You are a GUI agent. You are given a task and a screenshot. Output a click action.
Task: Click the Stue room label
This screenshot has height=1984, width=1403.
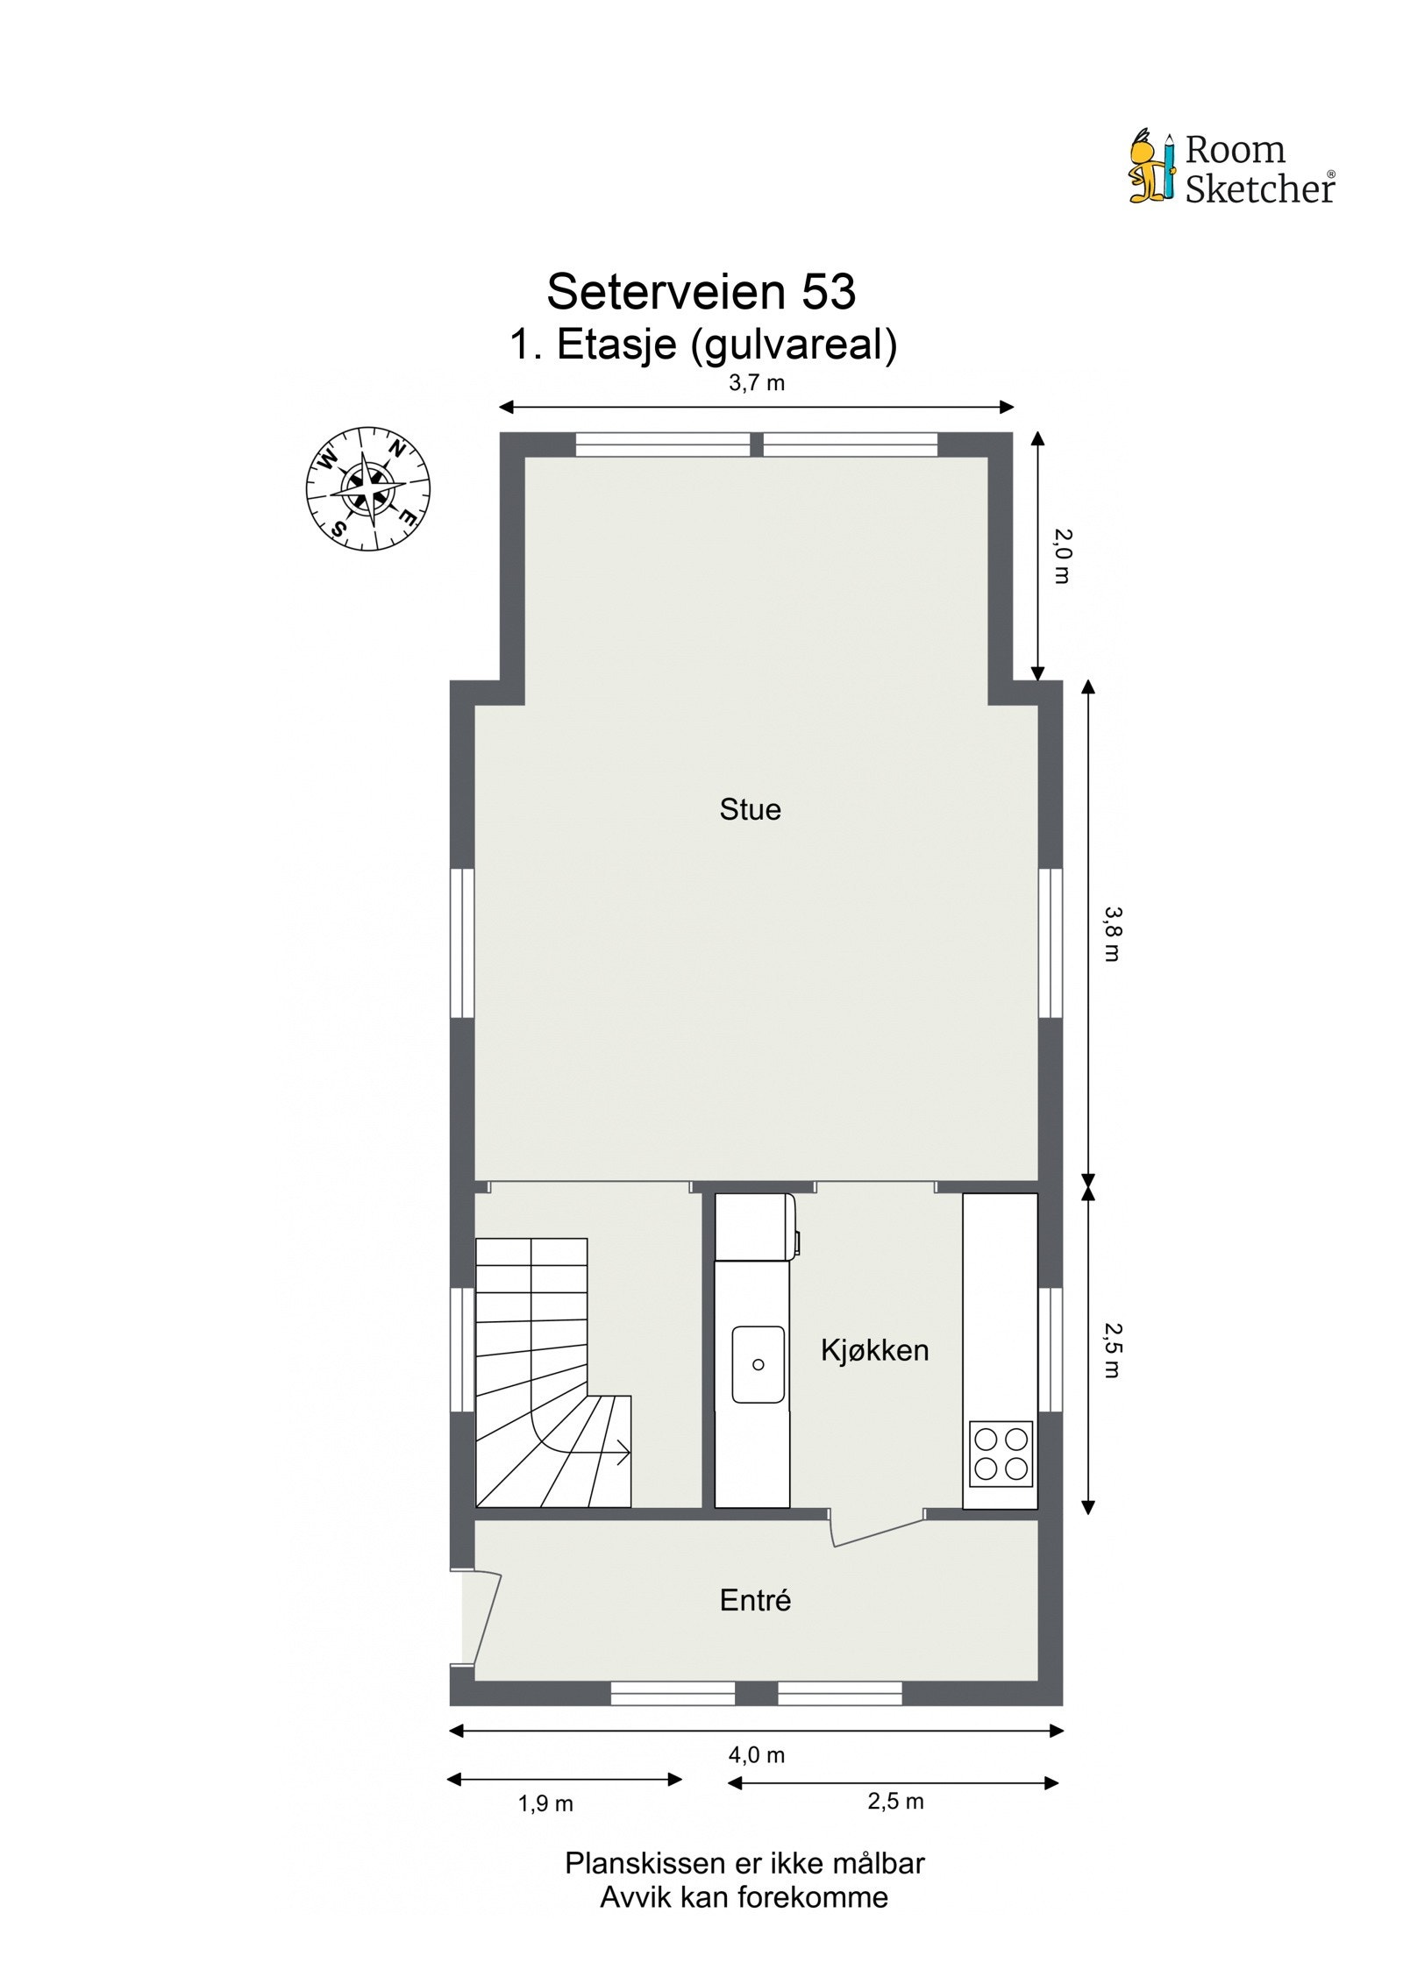(750, 809)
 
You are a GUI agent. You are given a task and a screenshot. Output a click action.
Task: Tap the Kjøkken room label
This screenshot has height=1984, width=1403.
(874, 1350)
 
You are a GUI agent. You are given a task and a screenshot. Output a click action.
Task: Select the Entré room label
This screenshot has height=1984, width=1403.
(755, 1600)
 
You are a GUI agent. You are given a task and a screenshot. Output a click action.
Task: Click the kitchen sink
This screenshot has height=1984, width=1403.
(758, 1363)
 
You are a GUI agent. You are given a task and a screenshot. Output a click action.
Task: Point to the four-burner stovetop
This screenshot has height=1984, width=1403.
(1001, 1454)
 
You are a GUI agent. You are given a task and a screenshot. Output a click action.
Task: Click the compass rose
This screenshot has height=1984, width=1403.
(367, 488)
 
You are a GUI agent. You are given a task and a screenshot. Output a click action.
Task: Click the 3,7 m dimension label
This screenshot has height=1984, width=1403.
(756, 383)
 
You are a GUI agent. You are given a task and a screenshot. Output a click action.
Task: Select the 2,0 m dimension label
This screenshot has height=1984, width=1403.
(1063, 556)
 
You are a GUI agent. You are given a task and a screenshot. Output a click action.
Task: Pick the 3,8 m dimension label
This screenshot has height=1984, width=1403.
(1112, 935)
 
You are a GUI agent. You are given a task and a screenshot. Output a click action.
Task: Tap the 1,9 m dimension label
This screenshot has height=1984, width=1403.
(545, 1803)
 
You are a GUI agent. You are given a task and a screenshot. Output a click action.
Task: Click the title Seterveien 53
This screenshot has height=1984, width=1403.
(701, 291)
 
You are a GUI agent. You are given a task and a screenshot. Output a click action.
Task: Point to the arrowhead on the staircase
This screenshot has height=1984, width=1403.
(623, 1453)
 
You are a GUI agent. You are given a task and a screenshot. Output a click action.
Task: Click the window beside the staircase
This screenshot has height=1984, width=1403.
(462, 1350)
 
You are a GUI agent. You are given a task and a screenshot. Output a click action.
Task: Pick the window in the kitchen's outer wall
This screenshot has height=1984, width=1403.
(1050, 1350)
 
